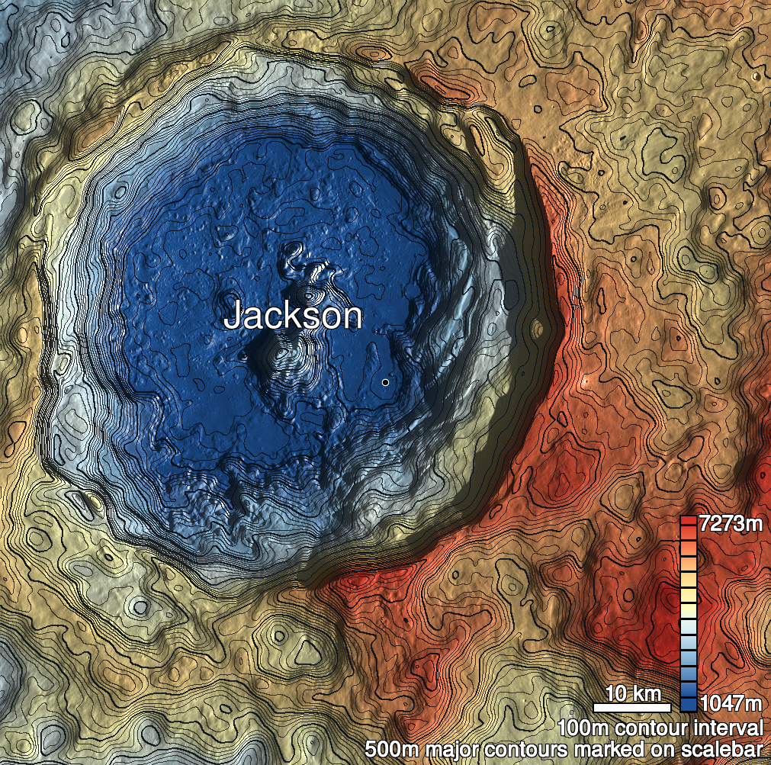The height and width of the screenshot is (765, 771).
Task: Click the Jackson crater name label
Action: point(292,315)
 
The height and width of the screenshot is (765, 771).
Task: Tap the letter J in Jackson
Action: point(233,316)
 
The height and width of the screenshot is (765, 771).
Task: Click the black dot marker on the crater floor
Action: point(386,381)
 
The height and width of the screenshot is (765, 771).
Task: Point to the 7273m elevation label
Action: point(731,524)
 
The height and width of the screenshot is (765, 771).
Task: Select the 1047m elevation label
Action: point(731,702)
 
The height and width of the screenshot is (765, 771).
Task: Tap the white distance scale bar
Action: point(631,707)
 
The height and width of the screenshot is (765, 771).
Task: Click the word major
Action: point(451,748)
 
